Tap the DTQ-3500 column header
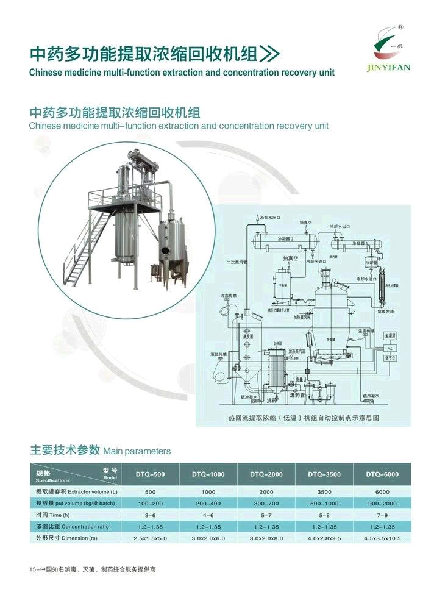[324, 474]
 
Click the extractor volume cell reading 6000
[382, 492]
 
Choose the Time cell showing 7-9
[382, 515]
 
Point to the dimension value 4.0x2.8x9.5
[324, 538]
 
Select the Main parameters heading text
[101, 451]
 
